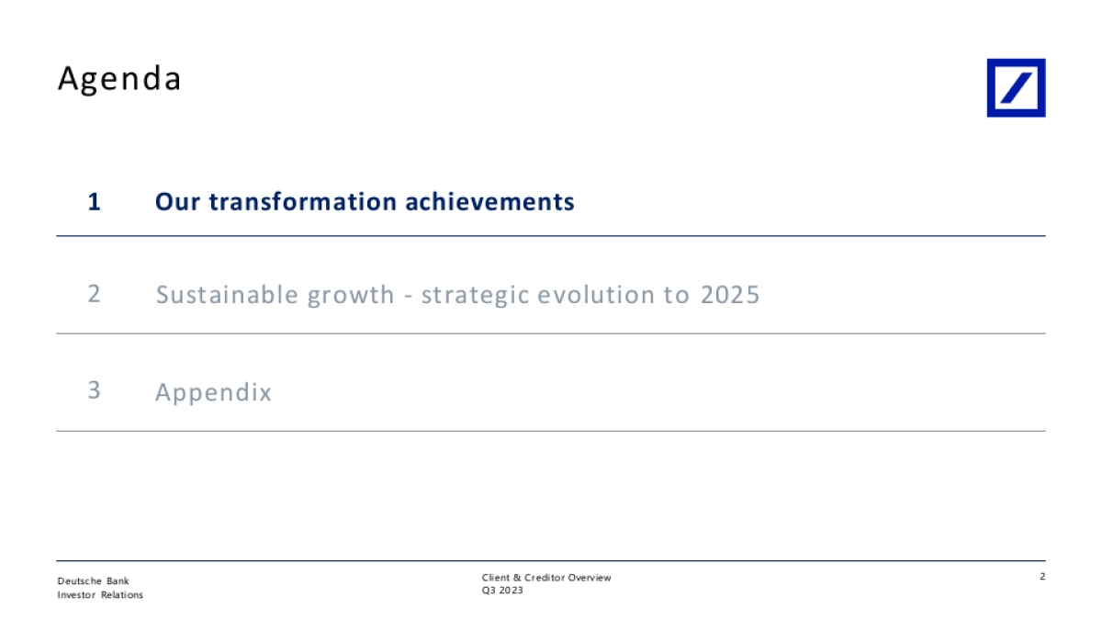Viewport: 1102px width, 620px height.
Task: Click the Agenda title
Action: (x=119, y=79)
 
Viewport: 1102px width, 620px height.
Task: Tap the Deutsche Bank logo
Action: (x=1016, y=88)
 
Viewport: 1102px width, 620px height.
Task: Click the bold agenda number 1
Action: (x=94, y=202)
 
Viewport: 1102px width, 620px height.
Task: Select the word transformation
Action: (x=302, y=202)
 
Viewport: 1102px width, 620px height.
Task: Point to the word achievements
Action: (x=489, y=202)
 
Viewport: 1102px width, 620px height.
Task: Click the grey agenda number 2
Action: (x=94, y=294)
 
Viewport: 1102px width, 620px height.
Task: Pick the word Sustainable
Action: (x=227, y=295)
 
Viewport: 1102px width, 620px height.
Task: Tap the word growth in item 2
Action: (x=351, y=296)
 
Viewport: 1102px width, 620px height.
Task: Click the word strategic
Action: (x=476, y=296)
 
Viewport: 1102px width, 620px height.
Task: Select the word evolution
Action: (x=596, y=295)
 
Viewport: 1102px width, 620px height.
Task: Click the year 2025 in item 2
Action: (x=730, y=295)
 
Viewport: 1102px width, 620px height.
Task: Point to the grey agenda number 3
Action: (x=94, y=390)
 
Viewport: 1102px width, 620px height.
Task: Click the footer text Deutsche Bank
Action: (x=93, y=581)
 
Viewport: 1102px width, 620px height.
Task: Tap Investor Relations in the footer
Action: (x=100, y=595)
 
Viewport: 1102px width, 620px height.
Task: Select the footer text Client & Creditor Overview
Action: (x=546, y=578)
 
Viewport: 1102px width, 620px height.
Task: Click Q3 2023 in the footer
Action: (x=502, y=591)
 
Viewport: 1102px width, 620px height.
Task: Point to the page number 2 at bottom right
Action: (x=1042, y=576)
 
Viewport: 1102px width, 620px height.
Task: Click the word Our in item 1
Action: (x=177, y=202)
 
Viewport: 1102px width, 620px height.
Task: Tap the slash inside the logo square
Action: (x=1017, y=88)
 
